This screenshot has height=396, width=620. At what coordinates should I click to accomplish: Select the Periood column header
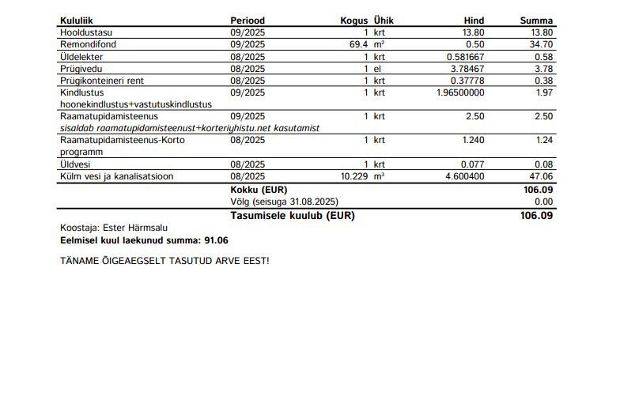tap(248, 21)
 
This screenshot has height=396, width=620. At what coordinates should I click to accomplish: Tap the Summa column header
tap(536, 21)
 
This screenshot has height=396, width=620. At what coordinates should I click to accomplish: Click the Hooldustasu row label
tap(86, 32)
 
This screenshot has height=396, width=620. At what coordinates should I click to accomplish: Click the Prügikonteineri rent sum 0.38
tap(542, 81)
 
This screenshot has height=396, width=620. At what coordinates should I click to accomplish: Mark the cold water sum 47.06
tap(540, 176)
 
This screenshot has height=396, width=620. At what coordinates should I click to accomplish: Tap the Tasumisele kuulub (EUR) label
tap(292, 215)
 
